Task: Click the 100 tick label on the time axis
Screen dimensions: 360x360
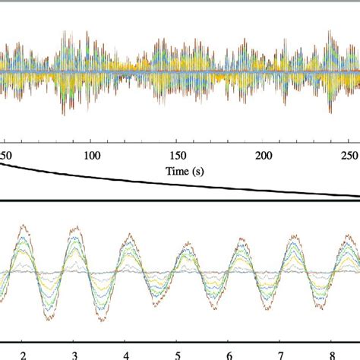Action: [92, 155]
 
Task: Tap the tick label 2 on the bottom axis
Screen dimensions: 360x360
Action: [23, 354]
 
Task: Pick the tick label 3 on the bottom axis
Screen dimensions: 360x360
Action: [74, 354]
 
